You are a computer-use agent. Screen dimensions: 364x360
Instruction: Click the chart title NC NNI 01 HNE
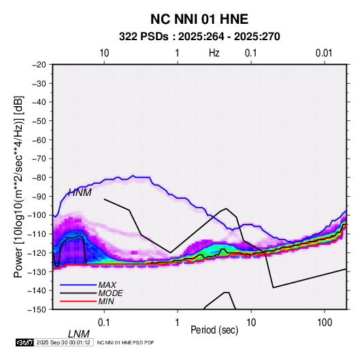199,19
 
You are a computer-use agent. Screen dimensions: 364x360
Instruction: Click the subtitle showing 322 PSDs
199,37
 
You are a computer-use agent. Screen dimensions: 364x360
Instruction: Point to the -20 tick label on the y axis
39,65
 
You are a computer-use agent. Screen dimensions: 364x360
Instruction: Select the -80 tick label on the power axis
39,178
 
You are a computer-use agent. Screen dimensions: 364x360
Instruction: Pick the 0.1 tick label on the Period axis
103,323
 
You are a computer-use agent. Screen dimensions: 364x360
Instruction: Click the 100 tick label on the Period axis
325,323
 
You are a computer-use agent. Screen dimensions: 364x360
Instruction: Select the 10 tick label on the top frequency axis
104,53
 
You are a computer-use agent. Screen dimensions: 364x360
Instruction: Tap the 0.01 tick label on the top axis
324,53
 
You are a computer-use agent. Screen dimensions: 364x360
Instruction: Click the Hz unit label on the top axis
214,53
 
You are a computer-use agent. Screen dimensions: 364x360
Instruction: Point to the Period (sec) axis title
214,330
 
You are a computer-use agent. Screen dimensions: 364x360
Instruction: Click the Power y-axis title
18,186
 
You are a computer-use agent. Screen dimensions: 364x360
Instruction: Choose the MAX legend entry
107,285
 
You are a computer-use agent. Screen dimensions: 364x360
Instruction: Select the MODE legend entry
110,293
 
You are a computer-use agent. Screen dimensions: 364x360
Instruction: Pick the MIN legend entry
106,301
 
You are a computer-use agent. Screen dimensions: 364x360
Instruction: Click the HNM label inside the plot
80,193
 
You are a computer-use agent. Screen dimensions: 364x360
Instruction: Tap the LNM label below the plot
78,334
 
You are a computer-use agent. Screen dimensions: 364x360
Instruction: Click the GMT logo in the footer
25,342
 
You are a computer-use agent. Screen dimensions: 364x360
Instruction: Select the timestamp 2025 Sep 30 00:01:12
63,342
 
